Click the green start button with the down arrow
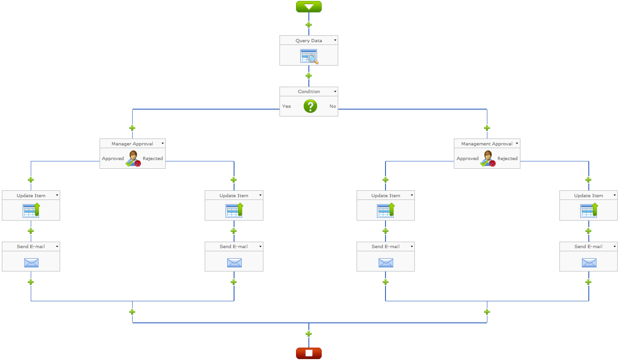pos(308,6)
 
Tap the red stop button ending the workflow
pos(308,353)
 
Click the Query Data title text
pos(308,40)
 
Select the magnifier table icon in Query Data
pos(309,56)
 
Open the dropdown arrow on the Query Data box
pos(335,40)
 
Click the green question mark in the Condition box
pos(310,106)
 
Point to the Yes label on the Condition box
pos(286,106)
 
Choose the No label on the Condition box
pos(333,106)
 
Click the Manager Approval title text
pos(132,144)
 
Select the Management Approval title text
pos(486,144)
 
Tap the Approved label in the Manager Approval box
pos(113,159)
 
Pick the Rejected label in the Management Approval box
pos(508,159)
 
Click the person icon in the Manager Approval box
pos(133,158)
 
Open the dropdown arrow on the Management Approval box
pos(517,144)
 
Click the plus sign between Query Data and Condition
pos(308,76)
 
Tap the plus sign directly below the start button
pos(308,25)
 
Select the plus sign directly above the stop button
pos(308,334)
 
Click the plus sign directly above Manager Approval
pos(132,128)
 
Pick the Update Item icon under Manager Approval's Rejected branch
pos(234,210)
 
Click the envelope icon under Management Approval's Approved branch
pos(385,262)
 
